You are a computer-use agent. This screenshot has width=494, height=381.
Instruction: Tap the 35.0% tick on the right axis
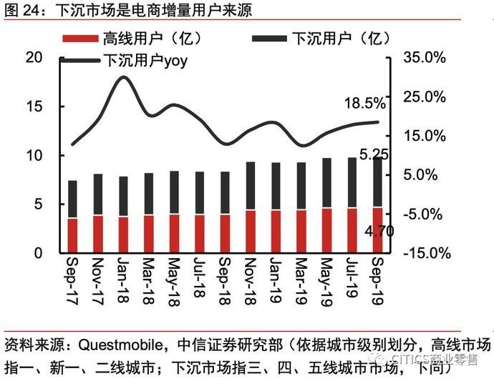(427, 58)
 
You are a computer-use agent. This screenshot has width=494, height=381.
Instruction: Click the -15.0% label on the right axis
(427, 253)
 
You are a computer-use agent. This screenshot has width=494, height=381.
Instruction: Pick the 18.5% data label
(364, 104)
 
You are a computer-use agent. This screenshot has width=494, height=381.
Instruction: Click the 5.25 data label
(373, 154)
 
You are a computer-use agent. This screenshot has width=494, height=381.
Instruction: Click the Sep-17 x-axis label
(72, 279)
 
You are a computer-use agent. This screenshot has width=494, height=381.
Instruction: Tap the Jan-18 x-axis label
(123, 279)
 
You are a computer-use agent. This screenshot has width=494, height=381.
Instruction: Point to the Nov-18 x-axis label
(250, 279)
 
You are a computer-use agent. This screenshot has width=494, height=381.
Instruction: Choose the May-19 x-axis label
(326, 279)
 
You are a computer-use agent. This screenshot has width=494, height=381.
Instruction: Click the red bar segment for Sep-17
(72, 235)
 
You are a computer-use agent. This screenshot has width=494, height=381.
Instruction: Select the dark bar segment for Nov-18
(250, 186)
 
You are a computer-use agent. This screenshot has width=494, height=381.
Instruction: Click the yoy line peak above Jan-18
(123, 76)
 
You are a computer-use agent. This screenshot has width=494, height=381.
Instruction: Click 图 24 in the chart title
(19, 11)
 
